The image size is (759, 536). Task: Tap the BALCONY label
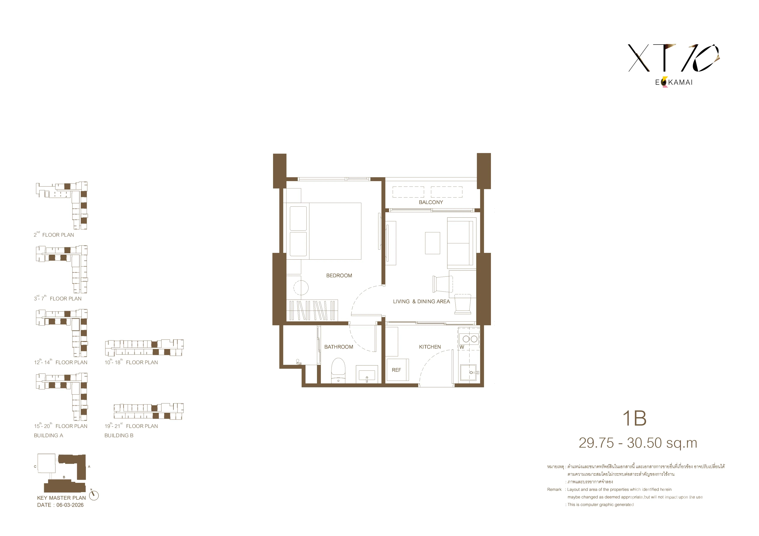(x=431, y=202)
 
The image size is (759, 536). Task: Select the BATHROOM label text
(x=339, y=347)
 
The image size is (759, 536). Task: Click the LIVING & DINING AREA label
(x=421, y=301)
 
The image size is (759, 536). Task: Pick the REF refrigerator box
(x=398, y=370)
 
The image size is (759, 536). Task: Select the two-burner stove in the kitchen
(x=470, y=339)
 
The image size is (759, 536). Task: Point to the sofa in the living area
(x=460, y=243)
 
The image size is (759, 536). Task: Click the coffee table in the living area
(x=432, y=243)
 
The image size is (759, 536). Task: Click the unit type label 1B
(x=634, y=418)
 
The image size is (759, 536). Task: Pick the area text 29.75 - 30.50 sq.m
(x=638, y=443)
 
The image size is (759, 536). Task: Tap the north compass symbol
(x=94, y=495)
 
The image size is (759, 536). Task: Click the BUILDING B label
(x=119, y=435)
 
